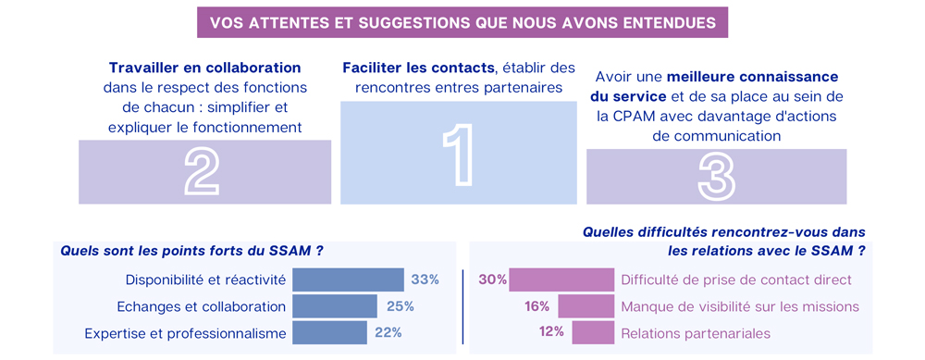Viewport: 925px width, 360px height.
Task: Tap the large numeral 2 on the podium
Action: click(x=203, y=172)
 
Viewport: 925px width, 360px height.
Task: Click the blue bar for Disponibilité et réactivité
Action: click(x=348, y=279)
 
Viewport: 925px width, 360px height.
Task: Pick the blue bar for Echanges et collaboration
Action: click(x=335, y=306)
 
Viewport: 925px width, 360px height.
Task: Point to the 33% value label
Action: click(x=425, y=279)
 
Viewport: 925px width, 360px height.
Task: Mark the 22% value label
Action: click(x=389, y=332)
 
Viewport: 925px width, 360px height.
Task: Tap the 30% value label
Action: click(x=492, y=279)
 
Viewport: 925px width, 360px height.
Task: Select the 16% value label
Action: click(x=537, y=306)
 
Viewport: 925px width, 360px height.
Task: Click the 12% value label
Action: click(x=551, y=332)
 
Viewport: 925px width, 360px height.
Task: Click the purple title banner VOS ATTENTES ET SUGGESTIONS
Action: click(x=462, y=22)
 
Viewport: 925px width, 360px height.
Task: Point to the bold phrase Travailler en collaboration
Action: click(x=204, y=68)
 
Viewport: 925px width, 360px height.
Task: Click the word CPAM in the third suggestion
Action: click(x=619, y=116)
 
